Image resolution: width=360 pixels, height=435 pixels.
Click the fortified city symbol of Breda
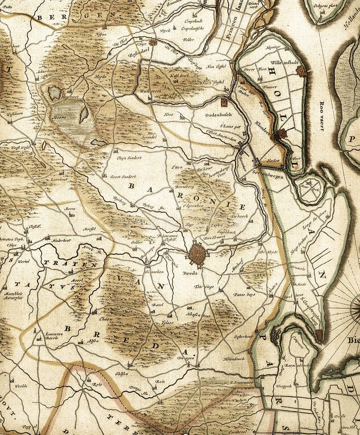[x=197, y=254]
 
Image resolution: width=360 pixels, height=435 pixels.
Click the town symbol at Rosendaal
[x=153, y=43]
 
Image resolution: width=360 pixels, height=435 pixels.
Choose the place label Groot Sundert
[x=123, y=177]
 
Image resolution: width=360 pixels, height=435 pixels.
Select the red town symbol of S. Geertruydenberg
[x=319, y=334]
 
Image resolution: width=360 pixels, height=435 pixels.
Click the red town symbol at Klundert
[x=282, y=133]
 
